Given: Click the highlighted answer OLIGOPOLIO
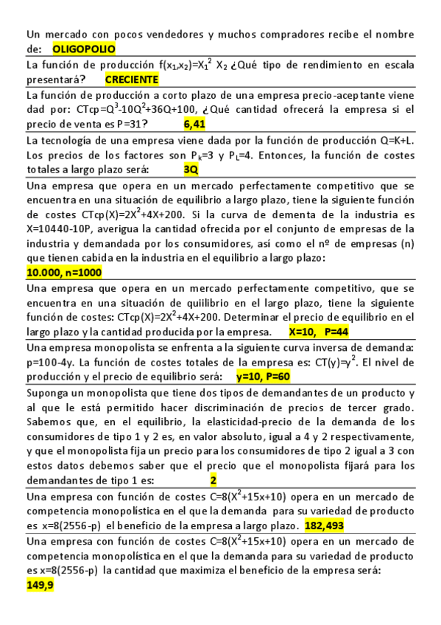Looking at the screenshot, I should [85, 49].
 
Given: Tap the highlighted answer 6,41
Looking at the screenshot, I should [194, 124].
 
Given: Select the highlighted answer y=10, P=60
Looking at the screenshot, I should [264, 377].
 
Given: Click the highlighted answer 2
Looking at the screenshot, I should [214, 481].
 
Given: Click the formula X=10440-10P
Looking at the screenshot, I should [60, 228].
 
